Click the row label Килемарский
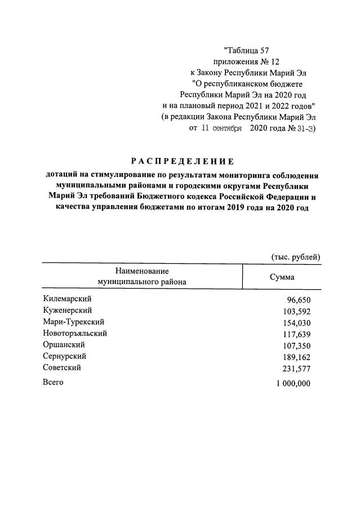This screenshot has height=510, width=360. [x=67, y=299]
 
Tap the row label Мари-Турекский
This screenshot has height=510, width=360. [x=73, y=322]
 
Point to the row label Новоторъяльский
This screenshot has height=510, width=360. [x=75, y=333]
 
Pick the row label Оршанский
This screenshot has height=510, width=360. [x=64, y=344]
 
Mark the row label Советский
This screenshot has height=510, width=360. [x=62, y=367]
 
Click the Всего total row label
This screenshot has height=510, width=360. [x=54, y=383]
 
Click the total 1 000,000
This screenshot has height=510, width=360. [x=294, y=384]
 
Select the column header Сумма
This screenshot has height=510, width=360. [x=282, y=277]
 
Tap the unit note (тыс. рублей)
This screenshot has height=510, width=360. [x=296, y=256]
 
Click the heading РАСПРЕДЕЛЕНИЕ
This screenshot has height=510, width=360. [x=180, y=161]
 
